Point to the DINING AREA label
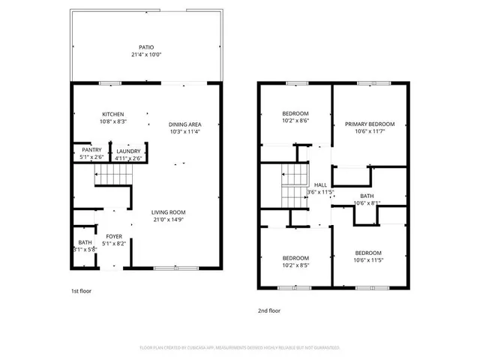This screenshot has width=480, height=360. (x=184, y=124)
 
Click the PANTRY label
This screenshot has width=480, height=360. (x=91, y=150)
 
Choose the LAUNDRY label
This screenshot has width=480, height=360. (x=127, y=151)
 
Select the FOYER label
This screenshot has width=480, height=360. (x=113, y=235)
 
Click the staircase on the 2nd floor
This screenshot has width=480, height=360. (x=294, y=187)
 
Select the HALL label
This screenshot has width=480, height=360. (x=320, y=184)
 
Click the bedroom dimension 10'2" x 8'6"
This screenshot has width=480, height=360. (x=274, y=121)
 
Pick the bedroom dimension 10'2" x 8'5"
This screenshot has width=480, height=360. (x=274, y=265)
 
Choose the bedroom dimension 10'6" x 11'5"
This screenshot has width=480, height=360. (x=368, y=260)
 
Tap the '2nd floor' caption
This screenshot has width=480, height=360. (x=269, y=309)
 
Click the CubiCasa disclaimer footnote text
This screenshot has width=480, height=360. (x=240, y=348)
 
